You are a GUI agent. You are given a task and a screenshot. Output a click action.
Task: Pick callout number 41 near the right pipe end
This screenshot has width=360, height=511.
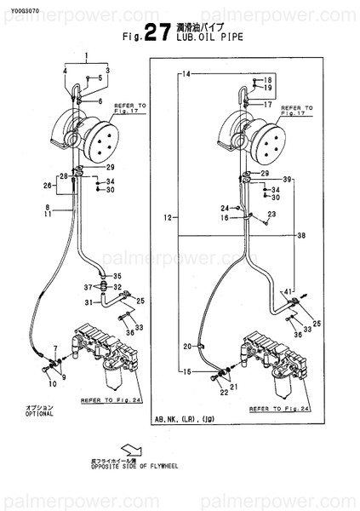coord(288,291)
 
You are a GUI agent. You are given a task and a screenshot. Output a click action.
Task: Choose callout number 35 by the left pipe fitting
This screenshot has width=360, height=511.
coord(117,275)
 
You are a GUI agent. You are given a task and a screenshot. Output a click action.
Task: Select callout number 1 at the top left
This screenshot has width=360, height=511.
coord(86,55)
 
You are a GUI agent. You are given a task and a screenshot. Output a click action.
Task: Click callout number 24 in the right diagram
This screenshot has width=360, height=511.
coord(225,208)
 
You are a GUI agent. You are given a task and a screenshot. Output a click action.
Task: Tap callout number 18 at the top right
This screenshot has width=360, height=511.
coord(267,78)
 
